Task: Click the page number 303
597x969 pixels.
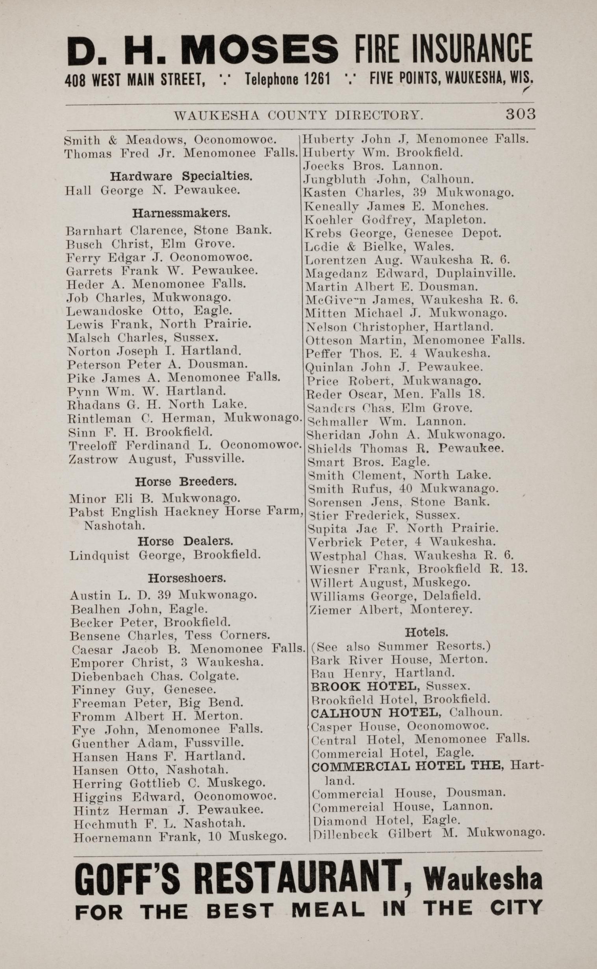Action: pos(520,114)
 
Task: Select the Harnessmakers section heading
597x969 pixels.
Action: pos(181,213)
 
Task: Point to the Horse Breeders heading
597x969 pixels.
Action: pos(186,482)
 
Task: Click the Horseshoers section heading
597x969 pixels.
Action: pos(187,578)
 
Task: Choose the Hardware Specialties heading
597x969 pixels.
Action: pos(181,176)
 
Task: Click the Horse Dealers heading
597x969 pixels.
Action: pos(185,541)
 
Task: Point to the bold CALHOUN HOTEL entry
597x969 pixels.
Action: pos(375,712)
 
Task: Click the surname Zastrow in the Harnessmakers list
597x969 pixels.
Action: pos(93,460)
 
